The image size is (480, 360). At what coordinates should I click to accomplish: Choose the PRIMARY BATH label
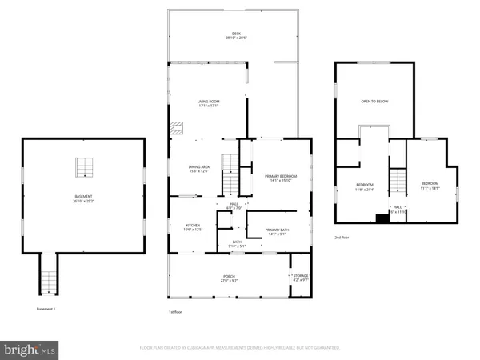pos(276,231)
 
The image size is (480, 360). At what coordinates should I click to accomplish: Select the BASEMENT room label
pos(84,198)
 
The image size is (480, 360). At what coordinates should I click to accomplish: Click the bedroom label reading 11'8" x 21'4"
pos(365,188)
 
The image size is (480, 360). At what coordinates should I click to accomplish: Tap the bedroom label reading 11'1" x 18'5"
pos(430,188)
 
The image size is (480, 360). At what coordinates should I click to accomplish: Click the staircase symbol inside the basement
pos(84,166)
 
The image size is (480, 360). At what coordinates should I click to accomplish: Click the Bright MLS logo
pos(30,350)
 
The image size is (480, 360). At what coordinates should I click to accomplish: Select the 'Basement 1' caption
pos(46,309)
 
